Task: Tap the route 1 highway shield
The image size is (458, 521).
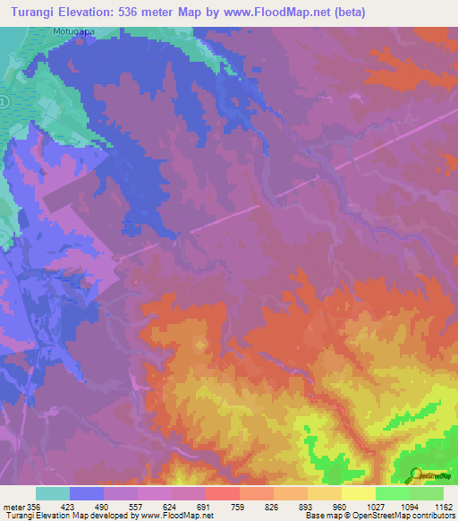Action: pyautogui.click(x=4, y=102)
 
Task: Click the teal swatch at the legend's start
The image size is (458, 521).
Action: pyautogui.click(x=53, y=493)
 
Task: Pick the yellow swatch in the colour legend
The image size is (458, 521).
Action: pyautogui.click(x=359, y=493)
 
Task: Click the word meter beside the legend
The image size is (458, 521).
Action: pyautogui.click(x=13, y=506)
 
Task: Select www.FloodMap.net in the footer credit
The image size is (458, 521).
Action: pyautogui.click(x=177, y=517)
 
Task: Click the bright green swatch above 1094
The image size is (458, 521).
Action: pyautogui.click(x=393, y=493)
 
